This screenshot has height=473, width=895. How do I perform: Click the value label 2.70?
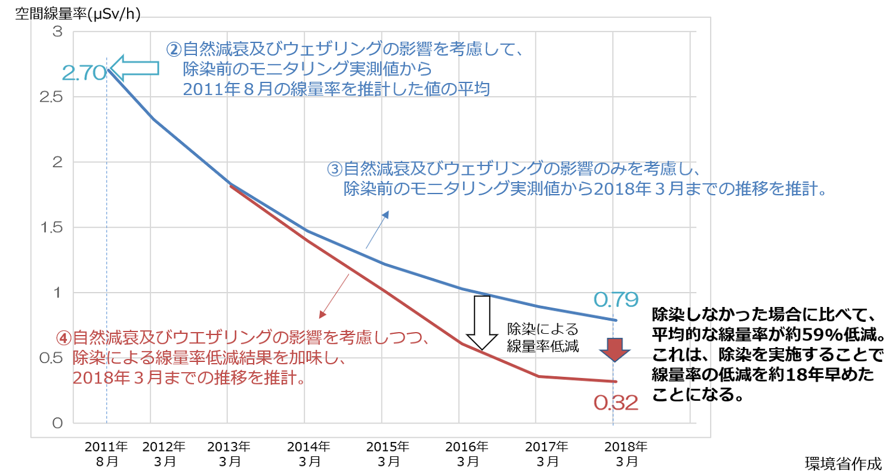tap(84, 73)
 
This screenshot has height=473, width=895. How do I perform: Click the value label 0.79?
tap(616, 299)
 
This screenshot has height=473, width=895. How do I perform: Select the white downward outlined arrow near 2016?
tap(481, 322)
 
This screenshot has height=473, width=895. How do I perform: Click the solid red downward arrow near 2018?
tap(615, 349)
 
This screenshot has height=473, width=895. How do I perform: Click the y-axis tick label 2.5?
tap(51, 97)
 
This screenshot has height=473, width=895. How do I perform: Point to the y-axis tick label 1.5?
tap(51, 228)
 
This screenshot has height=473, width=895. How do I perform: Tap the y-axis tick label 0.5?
tap(51, 358)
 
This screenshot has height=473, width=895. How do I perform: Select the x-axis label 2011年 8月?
tap(106, 453)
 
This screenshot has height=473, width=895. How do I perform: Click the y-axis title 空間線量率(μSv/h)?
tap(73, 13)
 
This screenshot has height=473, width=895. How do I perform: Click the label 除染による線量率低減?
tap(542, 337)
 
